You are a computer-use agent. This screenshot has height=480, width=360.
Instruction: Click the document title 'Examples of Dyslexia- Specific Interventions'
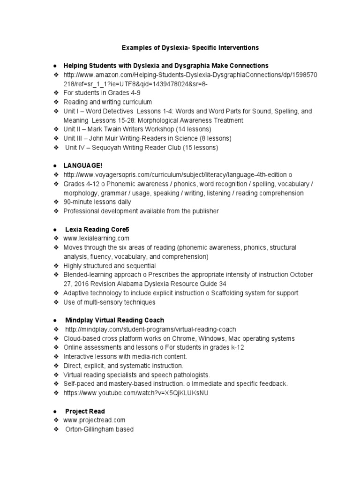(190, 48)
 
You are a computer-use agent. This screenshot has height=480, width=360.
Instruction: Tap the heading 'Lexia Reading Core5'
(97, 230)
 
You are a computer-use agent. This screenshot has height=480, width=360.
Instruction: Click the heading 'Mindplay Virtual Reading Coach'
(114, 320)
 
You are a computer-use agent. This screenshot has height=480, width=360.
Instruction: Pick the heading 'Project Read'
(85, 411)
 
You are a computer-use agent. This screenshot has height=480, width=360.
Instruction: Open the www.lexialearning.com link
(96, 239)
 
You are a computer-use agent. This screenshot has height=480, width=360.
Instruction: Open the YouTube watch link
(136, 393)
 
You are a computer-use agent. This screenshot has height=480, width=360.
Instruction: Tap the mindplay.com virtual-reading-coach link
(150, 330)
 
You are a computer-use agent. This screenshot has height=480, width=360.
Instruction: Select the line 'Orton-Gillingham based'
(99, 429)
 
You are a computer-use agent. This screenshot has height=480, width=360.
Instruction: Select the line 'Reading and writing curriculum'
(108, 102)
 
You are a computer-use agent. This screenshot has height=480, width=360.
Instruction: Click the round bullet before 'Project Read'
(55, 412)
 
